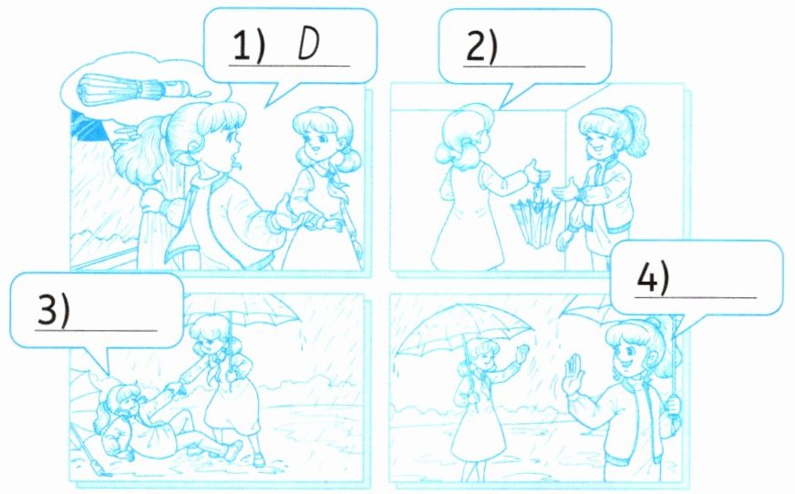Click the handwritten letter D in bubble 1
pos(309,44)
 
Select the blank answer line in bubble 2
pos(524,67)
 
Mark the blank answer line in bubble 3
pos(96,331)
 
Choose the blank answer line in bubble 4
pos(696,297)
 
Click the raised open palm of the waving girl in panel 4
pos(574,374)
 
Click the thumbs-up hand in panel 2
pos(536,171)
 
